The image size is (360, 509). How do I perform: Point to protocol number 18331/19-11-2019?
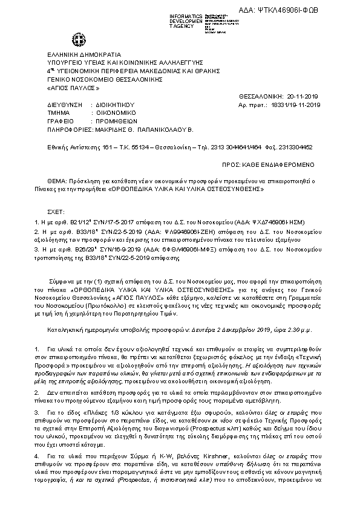click(298, 104)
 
